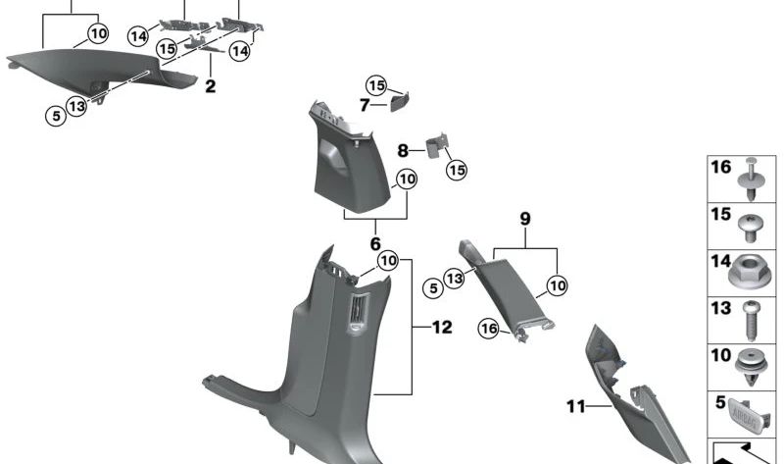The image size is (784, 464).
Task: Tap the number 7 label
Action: pos(364,104)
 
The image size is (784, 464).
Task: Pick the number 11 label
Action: pos(574,403)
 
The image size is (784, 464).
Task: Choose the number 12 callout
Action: pos(442,327)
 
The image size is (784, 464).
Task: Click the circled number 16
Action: pos(489,328)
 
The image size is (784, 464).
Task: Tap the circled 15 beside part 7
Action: pos(377,84)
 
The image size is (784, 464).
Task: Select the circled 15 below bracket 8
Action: pos(456,170)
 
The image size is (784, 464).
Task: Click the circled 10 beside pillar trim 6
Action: pos(406,180)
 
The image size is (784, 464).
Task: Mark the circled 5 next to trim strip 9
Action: pos(430,287)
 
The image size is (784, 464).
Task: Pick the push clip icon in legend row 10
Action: pos(750,366)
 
